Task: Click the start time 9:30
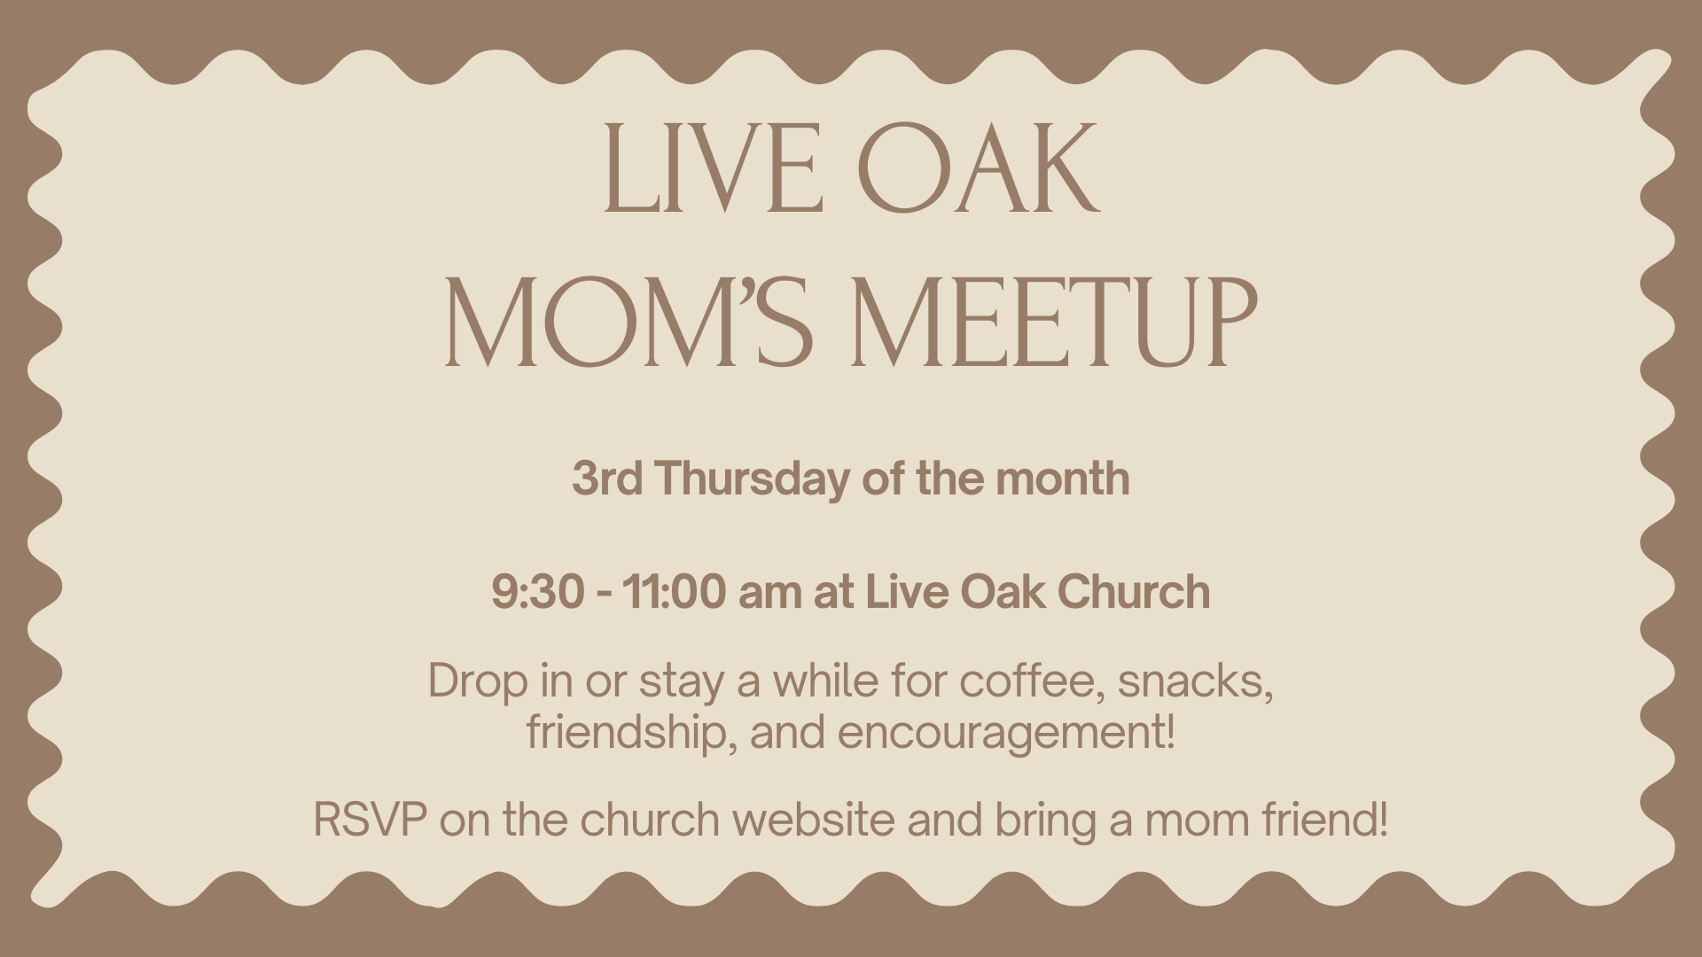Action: pos(537,592)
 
